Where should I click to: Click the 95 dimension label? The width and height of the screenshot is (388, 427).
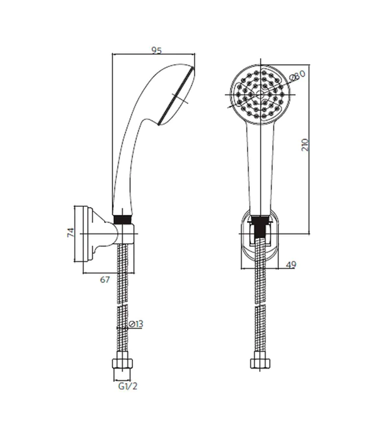coord(157,50)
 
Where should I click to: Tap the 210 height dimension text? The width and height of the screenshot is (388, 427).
coord(305,145)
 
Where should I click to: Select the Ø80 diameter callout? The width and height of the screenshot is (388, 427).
coord(297,75)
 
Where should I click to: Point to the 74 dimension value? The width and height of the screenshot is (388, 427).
coord(71,232)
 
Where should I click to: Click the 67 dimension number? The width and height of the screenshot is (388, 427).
coord(105,279)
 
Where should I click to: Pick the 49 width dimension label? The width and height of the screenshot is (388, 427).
coord(291,265)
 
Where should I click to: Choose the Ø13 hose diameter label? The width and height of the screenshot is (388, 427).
coord(136,324)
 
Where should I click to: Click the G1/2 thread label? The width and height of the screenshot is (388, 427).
coord(128,386)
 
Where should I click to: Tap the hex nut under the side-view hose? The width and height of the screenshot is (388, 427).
coord(123,361)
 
